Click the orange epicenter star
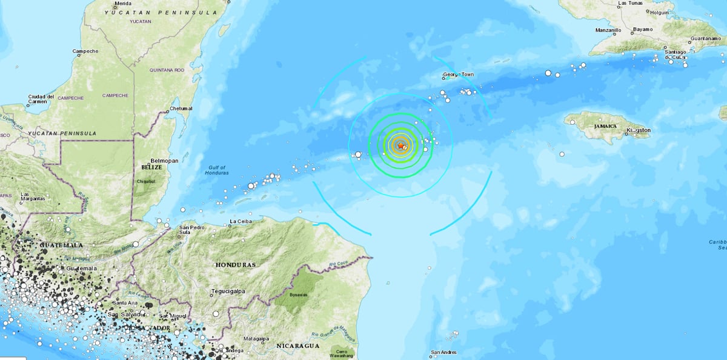400,145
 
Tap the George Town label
457,75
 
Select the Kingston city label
639,130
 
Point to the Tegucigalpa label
228,292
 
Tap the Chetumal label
181,108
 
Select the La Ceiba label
241,222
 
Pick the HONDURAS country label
234,265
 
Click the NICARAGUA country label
297,345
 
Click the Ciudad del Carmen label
41,99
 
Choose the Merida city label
122,3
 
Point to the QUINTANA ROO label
167,70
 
